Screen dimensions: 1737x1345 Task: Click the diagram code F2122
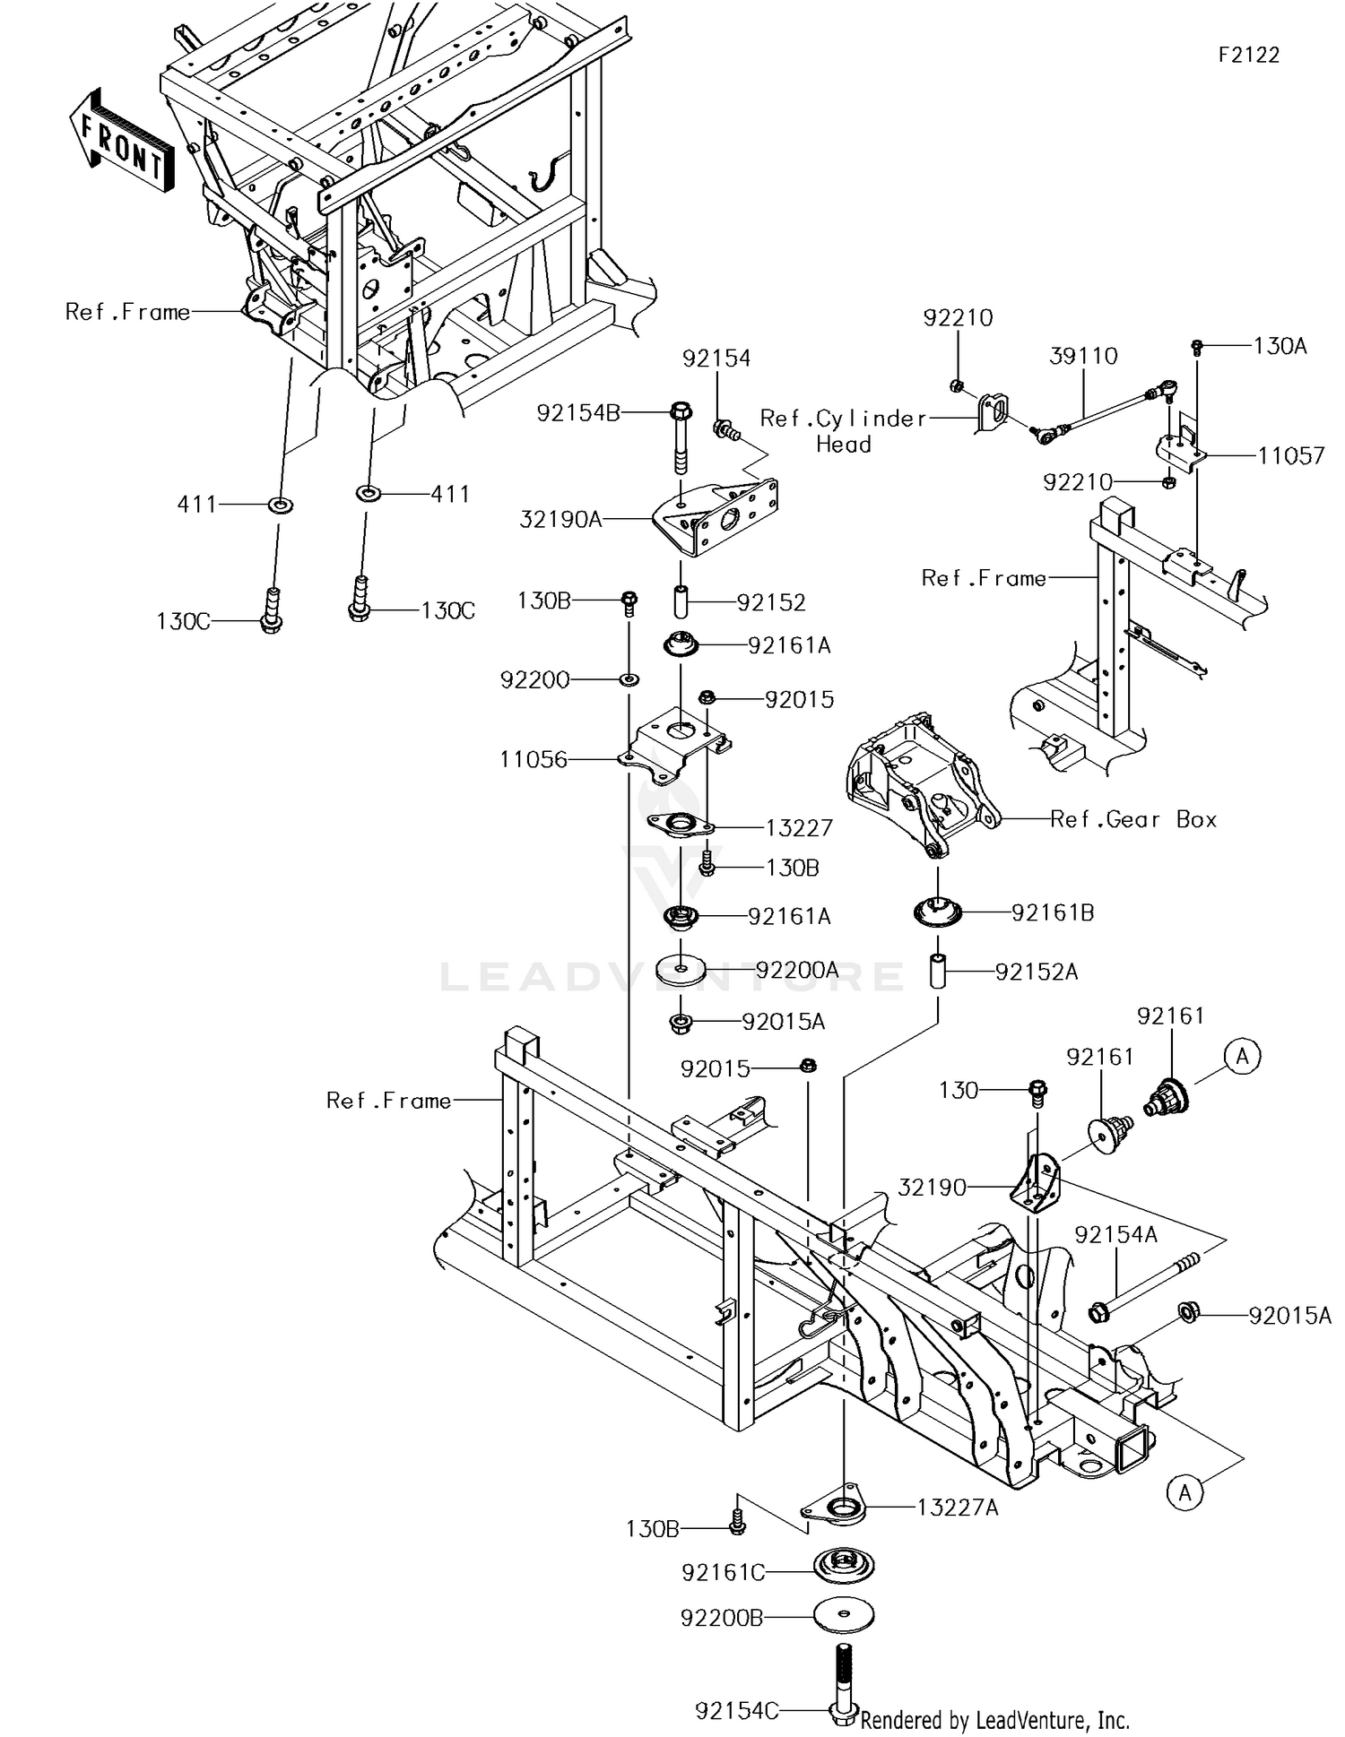[x=1248, y=56]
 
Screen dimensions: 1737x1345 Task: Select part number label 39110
[x=1083, y=357]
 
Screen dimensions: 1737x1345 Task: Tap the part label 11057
[x=1290, y=456]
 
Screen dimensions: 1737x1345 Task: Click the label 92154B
[x=578, y=413]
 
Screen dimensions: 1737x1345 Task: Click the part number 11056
[x=534, y=760]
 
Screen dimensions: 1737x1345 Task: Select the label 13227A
[x=957, y=1508]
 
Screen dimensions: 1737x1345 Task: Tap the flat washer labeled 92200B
[x=844, y=1616]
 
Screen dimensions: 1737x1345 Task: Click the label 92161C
[x=723, y=1573]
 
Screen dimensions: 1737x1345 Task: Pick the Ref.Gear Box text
[x=1133, y=819]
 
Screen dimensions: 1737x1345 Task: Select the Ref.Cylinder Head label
[x=843, y=430]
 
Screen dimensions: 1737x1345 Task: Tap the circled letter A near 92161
[x=1242, y=1057]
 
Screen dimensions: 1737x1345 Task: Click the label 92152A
[x=1036, y=972]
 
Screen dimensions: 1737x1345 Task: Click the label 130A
[x=1280, y=346]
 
